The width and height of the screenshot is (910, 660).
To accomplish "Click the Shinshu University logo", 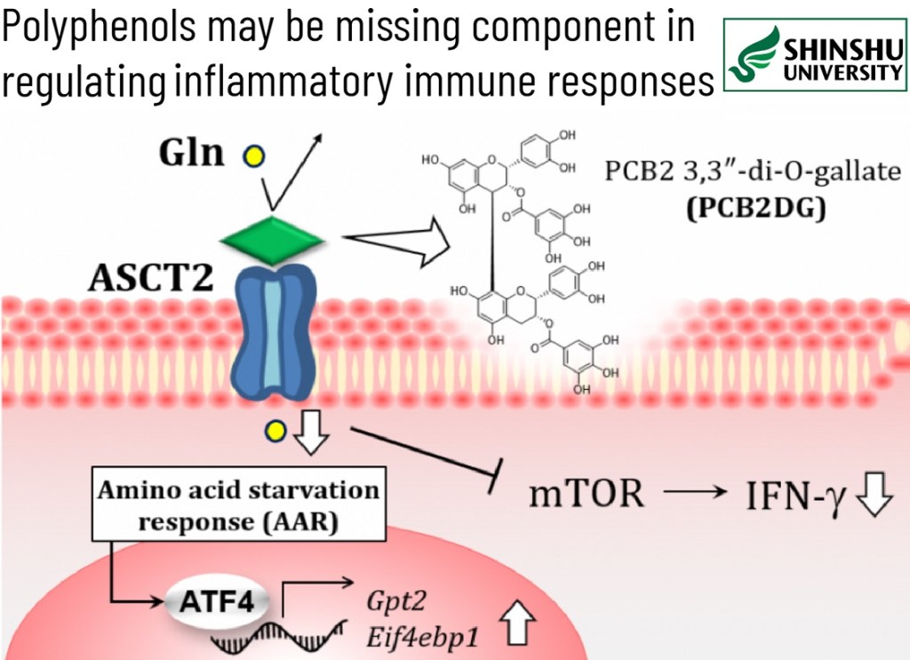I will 815,55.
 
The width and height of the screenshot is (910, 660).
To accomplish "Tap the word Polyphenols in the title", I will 99,29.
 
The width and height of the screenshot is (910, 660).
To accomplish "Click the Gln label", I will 191,152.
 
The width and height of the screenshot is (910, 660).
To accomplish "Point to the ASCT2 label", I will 150,280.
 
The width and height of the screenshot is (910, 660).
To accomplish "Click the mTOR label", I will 587,493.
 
